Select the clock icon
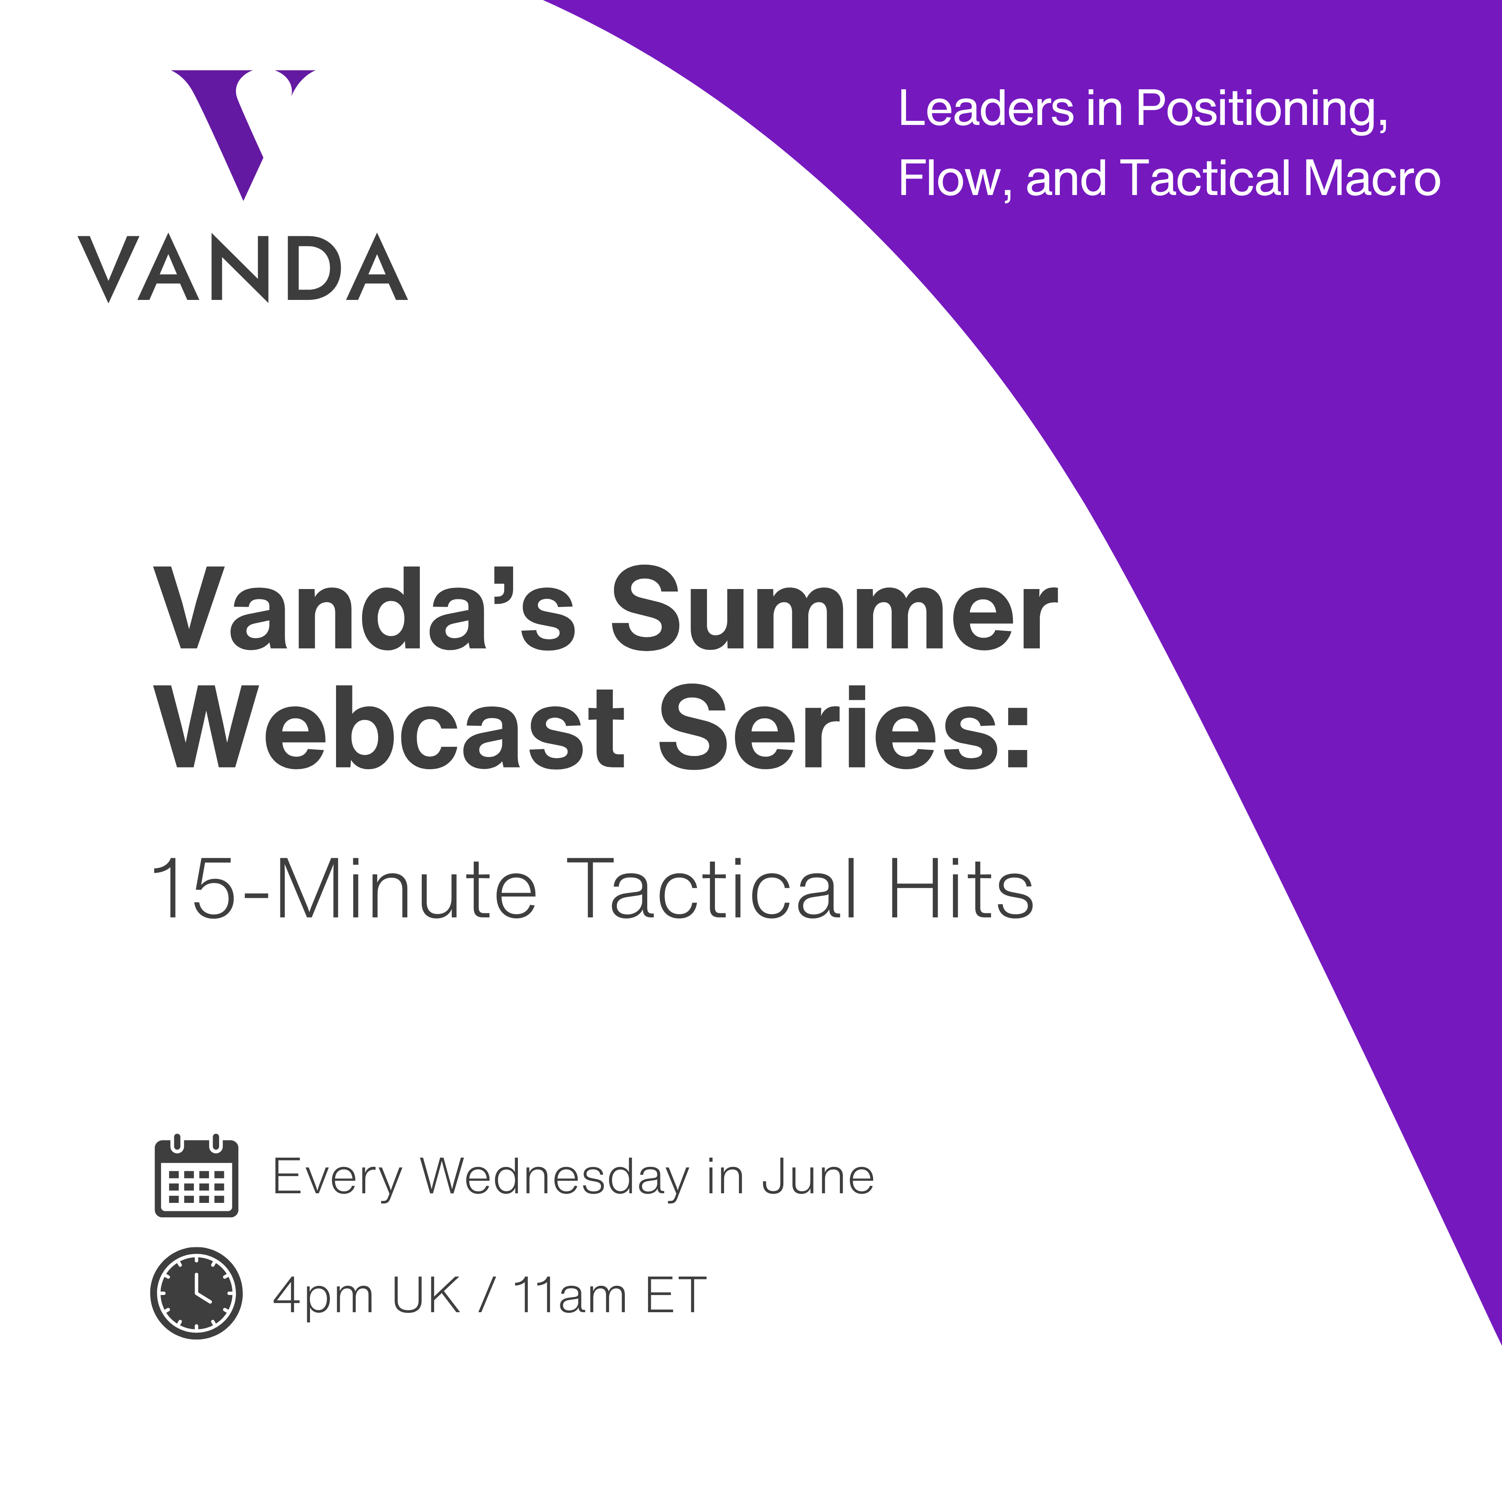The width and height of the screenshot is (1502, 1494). pos(197,1294)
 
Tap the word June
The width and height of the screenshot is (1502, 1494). pos(818,1178)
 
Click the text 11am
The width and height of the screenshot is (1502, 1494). pos(570,1296)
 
